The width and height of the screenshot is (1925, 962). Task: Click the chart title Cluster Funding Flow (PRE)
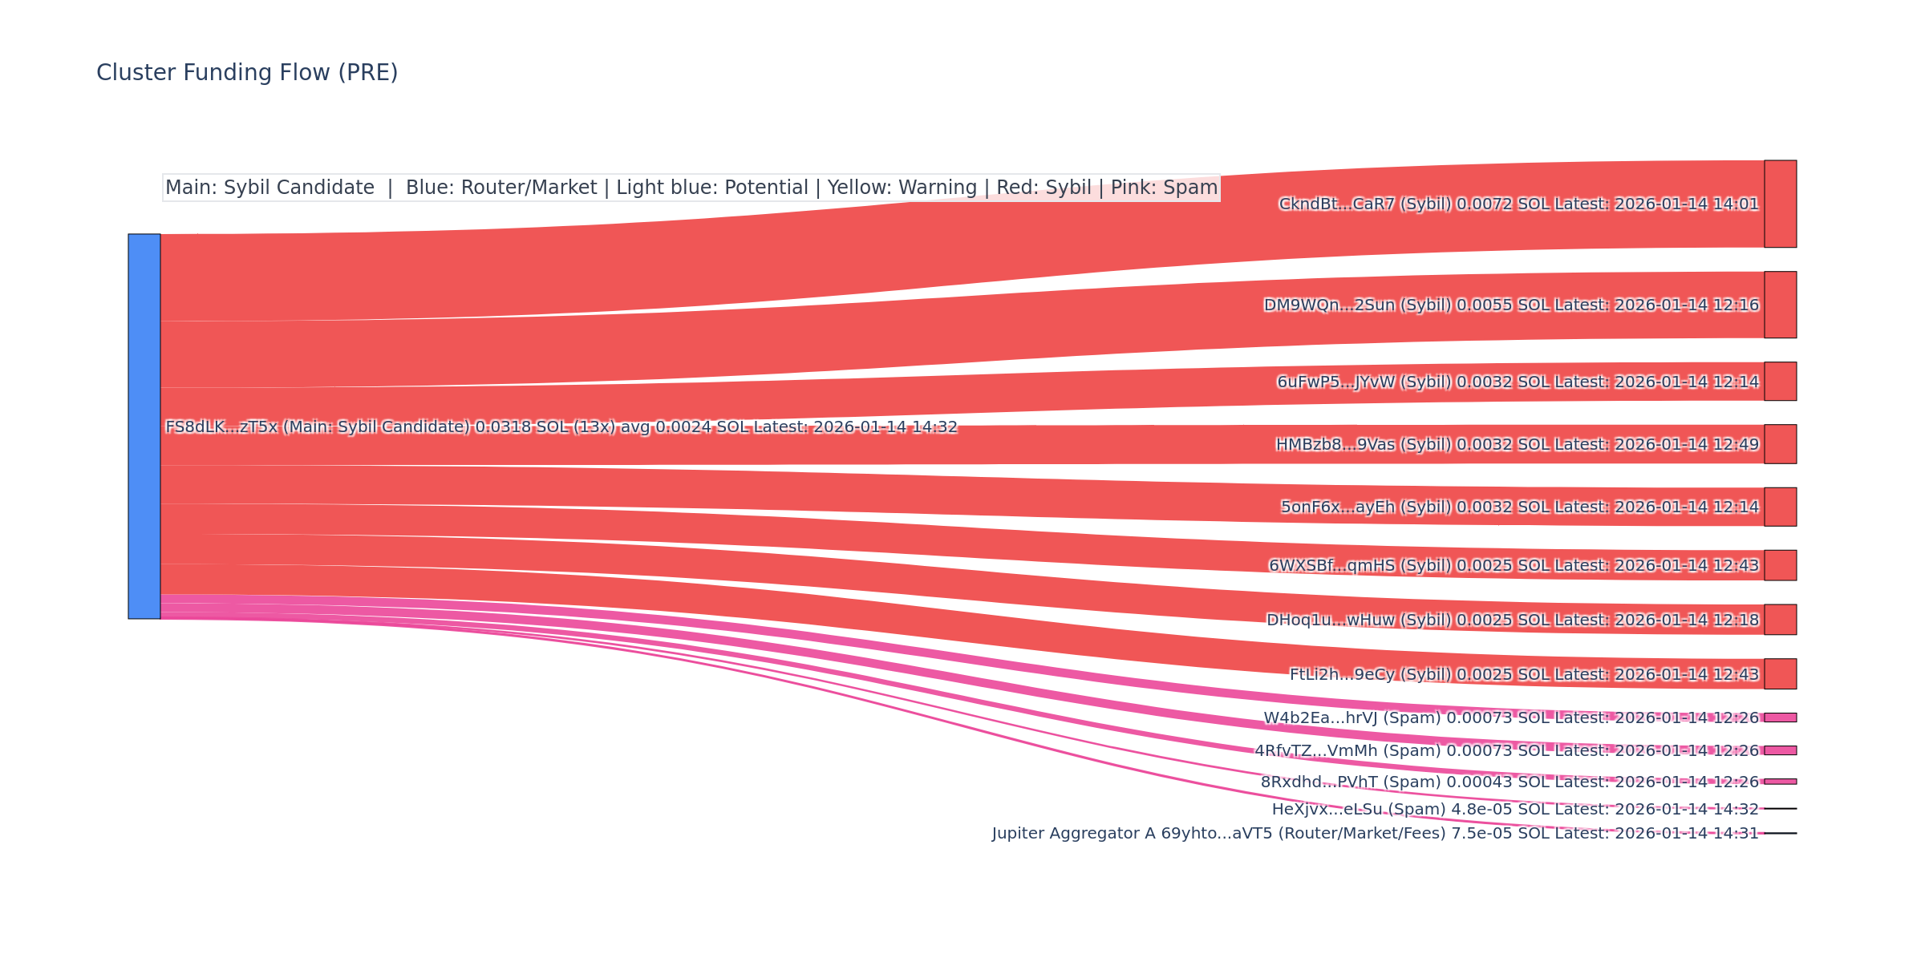[247, 73]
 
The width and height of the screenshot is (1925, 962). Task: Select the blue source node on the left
[144, 426]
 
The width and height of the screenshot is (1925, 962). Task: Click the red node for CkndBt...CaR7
[1780, 204]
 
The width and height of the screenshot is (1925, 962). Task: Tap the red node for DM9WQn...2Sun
[1780, 305]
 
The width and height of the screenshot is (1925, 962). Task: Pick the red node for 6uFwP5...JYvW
[1780, 382]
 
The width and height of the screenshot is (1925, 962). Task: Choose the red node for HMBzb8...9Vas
[1780, 444]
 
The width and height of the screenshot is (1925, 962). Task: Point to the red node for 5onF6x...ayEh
[1780, 507]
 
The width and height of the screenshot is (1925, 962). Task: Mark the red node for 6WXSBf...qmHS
[1780, 565]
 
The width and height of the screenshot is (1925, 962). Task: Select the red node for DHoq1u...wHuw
[1780, 620]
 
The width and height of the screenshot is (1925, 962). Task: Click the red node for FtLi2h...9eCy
[1780, 674]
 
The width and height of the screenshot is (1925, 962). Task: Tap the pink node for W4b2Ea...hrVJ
[1780, 717]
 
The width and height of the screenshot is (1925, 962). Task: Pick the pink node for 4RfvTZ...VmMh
[1780, 750]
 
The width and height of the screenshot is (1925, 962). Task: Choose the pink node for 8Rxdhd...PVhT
[1780, 782]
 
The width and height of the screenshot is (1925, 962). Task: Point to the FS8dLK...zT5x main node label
[561, 427]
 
